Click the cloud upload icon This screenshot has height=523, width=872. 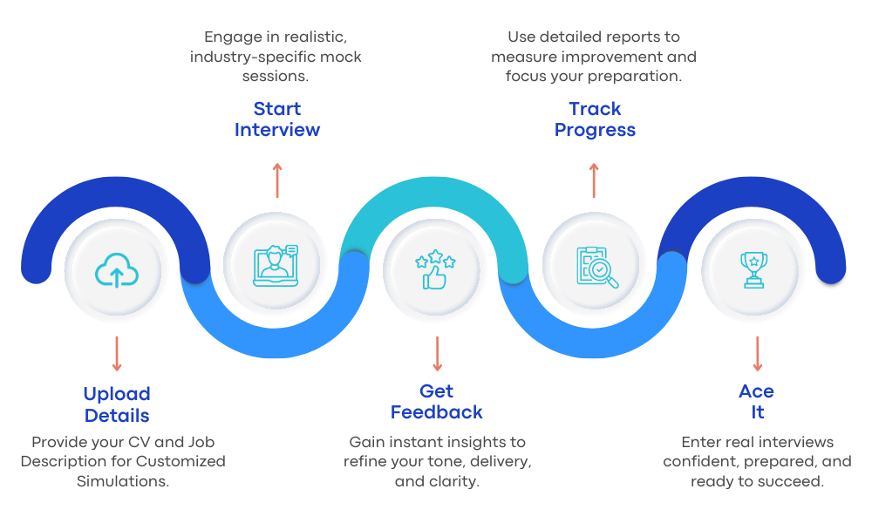click(x=116, y=269)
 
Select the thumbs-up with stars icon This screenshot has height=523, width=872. click(x=435, y=269)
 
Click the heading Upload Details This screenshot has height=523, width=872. click(x=117, y=404)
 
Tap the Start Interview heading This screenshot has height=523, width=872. click(x=277, y=119)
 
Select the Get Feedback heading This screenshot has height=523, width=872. click(x=436, y=402)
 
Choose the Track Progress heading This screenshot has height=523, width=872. click(x=596, y=119)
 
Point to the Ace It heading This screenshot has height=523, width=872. click(x=756, y=402)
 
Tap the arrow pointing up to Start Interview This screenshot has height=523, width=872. click(x=277, y=180)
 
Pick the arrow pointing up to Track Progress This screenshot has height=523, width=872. click(x=595, y=180)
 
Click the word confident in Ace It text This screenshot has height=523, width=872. click(x=698, y=462)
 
